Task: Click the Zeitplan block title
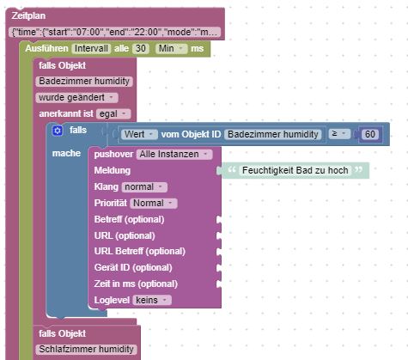click(28, 15)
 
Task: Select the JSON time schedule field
click(115, 32)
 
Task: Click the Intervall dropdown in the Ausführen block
click(91, 48)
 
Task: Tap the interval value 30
click(141, 48)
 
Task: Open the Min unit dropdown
click(171, 48)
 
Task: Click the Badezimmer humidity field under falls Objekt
click(84, 81)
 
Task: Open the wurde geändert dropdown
click(76, 97)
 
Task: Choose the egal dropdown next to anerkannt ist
click(113, 113)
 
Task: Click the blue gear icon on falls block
click(58, 131)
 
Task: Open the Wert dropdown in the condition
click(139, 134)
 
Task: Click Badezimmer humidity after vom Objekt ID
click(273, 134)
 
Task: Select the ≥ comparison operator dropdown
click(339, 134)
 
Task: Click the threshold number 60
click(370, 134)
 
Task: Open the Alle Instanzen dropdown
click(174, 155)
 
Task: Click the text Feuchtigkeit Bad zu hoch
click(295, 170)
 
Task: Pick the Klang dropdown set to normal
click(144, 187)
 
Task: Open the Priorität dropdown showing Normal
click(154, 204)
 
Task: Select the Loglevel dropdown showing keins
click(152, 300)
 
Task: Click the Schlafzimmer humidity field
click(86, 349)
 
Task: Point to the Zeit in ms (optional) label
click(136, 284)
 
